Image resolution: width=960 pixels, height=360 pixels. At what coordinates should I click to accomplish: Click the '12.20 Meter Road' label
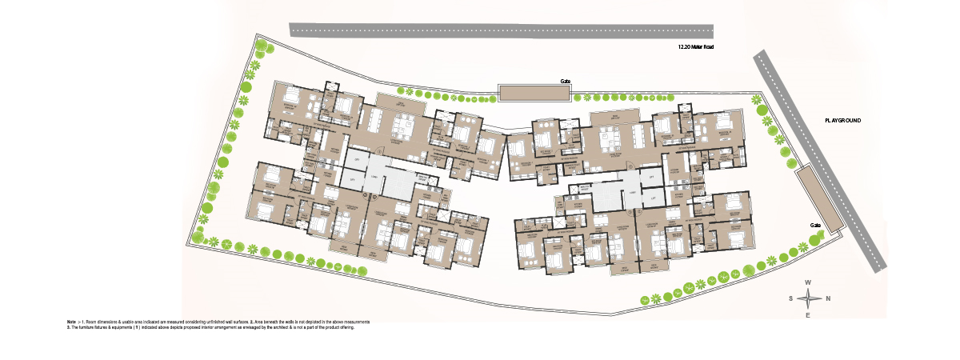click(695, 47)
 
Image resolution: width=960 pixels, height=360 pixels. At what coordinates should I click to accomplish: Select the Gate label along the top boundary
click(565, 82)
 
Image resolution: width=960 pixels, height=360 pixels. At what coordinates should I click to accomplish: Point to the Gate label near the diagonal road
click(815, 226)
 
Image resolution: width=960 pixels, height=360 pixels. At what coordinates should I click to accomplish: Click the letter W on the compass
click(809, 282)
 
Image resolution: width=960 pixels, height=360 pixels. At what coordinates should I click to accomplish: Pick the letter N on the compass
click(828, 299)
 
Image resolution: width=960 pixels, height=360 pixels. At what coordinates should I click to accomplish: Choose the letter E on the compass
click(809, 316)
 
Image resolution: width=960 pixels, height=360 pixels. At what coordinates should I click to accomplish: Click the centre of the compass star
click(809, 299)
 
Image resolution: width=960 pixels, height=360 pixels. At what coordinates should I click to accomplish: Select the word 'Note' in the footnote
click(71, 322)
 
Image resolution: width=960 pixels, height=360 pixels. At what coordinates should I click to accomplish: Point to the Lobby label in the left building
click(374, 178)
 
